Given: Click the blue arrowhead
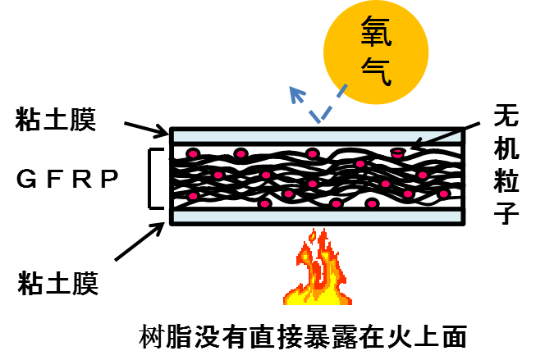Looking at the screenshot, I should coord(295,93).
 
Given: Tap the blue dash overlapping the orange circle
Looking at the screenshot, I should coord(341,90).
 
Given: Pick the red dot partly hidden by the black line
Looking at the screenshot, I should coord(397,153).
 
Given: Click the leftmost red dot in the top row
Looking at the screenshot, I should coord(193,154).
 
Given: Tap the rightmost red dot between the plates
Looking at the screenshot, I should coord(444,194).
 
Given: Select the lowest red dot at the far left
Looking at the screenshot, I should coord(193,196).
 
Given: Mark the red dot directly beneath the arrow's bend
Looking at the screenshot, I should coord(312,154).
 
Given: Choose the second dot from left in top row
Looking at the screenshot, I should coord(240,154).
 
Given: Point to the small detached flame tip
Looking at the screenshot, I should coord(312,236).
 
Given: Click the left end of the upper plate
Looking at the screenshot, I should coord(177,136).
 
